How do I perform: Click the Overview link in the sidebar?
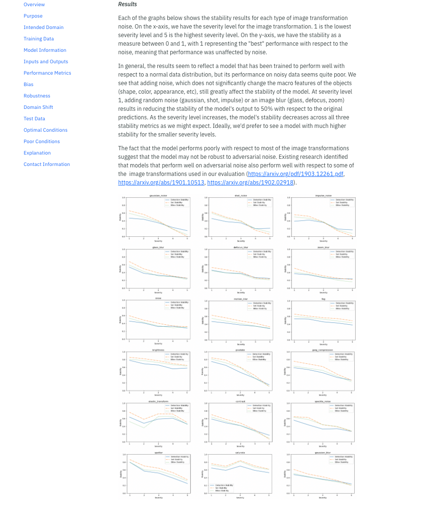tap(34, 5)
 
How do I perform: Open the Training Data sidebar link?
tap(39, 39)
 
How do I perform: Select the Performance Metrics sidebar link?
tap(47, 73)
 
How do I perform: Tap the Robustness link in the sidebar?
tap(37, 96)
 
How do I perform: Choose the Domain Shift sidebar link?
tap(38, 107)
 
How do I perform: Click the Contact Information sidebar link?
tap(47, 165)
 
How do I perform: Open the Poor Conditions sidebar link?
tap(41, 142)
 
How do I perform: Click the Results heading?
tap(127, 4)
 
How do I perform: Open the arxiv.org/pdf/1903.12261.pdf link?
tap(295, 174)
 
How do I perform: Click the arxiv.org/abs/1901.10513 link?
tap(161, 183)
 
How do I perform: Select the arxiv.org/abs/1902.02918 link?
tap(250, 183)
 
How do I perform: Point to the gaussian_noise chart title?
tap(158, 195)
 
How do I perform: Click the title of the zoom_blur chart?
tap(323, 247)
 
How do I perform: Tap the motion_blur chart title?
tap(241, 299)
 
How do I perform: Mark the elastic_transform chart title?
tap(158, 401)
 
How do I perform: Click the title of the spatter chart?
tap(158, 453)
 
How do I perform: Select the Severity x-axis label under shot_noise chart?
tap(241, 241)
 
